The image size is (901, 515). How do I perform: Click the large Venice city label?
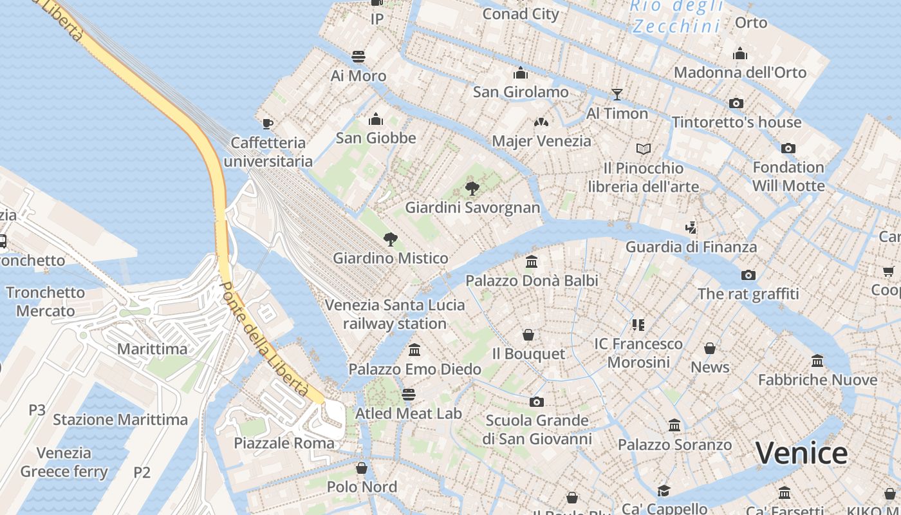[x=801, y=453]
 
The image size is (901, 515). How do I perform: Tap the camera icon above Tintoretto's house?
[x=736, y=103]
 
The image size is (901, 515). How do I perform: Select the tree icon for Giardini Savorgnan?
[x=472, y=188]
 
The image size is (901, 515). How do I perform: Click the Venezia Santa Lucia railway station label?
[x=395, y=314]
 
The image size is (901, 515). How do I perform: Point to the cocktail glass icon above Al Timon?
[x=617, y=95]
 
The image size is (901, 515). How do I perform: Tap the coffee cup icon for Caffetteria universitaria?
[x=268, y=123]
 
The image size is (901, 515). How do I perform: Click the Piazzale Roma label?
[x=284, y=443]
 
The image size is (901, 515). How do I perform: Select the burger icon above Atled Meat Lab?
[x=409, y=394]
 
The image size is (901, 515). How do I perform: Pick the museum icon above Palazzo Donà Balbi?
[x=532, y=261]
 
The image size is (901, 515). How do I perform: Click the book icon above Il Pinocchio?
[x=643, y=149]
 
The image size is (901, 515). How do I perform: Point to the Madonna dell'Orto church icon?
[x=740, y=53]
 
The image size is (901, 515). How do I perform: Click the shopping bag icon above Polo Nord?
[x=362, y=467]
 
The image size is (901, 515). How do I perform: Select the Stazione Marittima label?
[x=120, y=420]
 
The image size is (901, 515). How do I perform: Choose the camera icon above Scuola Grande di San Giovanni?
[x=537, y=402]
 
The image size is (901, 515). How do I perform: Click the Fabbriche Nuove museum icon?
[x=817, y=360]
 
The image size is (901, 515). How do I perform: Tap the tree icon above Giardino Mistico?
[x=390, y=239]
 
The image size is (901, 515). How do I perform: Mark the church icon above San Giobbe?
[x=376, y=119]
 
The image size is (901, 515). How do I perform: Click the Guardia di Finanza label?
[x=691, y=247]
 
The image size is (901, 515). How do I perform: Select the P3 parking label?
[x=37, y=409]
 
